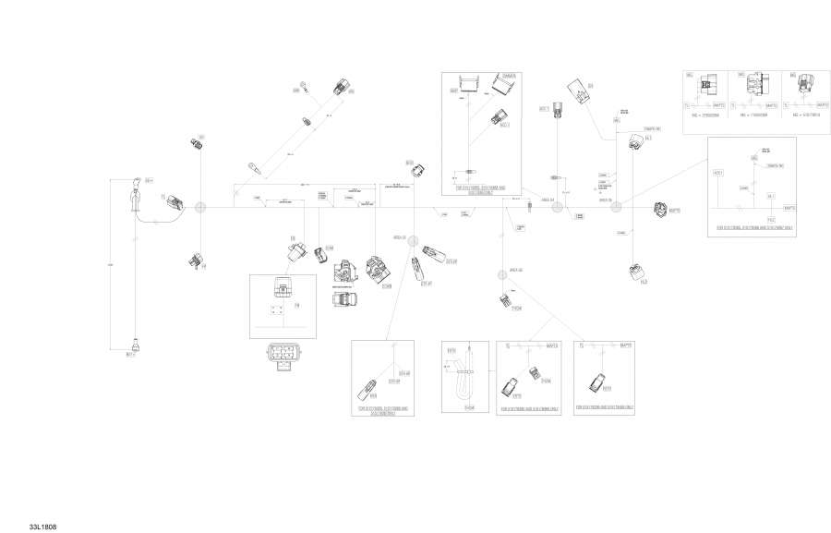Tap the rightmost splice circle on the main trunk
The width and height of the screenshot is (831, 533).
tap(616, 210)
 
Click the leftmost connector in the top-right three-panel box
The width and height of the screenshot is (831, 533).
tap(707, 85)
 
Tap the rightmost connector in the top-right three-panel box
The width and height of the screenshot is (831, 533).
tap(808, 84)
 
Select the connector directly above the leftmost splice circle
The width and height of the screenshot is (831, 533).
tap(196, 145)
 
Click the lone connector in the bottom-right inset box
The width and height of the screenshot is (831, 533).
tap(597, 382)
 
